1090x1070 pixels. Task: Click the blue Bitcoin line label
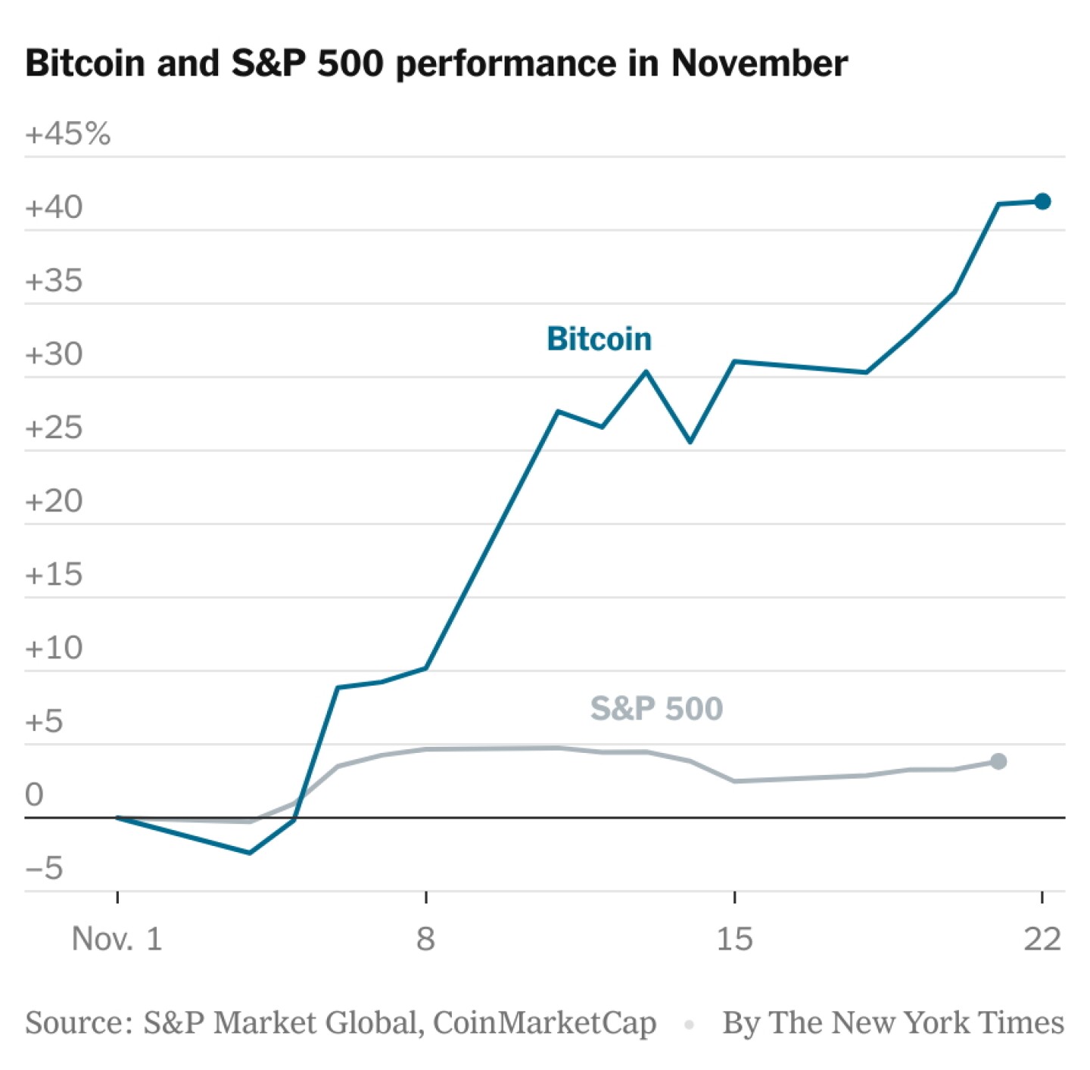pyautogui.click(x=599, y=339)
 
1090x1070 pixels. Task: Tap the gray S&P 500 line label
pyautogui.click(x=656, y=709)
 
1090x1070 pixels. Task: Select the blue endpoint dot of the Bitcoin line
pyautogui.click(x=1042, y=201)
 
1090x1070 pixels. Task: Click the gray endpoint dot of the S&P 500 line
pyautogui.click(x=998, y=761)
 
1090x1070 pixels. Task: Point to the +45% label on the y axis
pyautogui.click(x=68, y=134)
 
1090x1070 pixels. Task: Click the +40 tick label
pyautogui.click(x=54, y=207)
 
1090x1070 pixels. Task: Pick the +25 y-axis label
pyautogui.click(x=54, y=428)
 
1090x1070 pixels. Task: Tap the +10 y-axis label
pyautogui.click(x=54, y=648)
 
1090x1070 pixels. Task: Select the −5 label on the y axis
pyautogui.click(x=45, y=868)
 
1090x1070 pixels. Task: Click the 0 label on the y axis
pyautogui.click(x=34, y=795)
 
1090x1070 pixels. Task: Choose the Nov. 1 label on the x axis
pyautogui.click(x=117, y=939)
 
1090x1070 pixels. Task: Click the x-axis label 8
pyautogui.click(x=425, y=939)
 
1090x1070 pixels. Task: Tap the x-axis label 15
pyautogui.click(x=734, y=939)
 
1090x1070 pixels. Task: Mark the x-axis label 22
pyautogui.click(x=1042, y=939)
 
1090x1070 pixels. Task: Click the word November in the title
pyautogui.click(x=759, y=63)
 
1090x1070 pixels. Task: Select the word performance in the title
pyautogui.click(x=505, y=64)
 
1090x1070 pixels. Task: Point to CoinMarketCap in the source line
pyautogui.click(x=544, y=1023)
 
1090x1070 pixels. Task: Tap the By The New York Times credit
pyautogui.click(x=893, y=1023)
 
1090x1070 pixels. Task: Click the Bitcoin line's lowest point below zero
pyautogui.click(x=249, y=853)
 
